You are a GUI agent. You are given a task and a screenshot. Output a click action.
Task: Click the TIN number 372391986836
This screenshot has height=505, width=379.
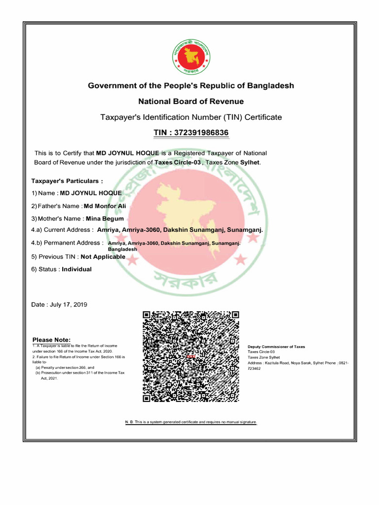pyautogui.click(x=191, y=133)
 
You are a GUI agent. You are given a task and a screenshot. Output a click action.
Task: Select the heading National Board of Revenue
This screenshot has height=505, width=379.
pyautogui.click(x=191, y=102)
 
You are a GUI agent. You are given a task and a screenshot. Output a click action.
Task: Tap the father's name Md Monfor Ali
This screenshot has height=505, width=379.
pyautogui.click(x=105, y=206)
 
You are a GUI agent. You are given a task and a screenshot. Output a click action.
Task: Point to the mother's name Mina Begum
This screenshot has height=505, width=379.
pyautogui.click(x=105, y=218)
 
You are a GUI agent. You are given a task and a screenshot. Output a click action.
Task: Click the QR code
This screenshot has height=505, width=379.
pyautogui.click(x=191, y=357)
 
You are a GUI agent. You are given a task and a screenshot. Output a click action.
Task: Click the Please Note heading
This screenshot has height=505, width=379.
pyautogui.click(x=51, y=340)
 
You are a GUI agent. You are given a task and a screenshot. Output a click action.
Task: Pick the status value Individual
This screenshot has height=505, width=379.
pyautogui.click(x=76, y=269)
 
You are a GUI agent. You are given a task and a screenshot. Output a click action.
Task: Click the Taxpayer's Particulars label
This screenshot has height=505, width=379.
pyautogui.click(x=67, y=181)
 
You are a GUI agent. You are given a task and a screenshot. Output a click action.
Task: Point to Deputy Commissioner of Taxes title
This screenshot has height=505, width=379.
pyautogui.click(x=276, y=347)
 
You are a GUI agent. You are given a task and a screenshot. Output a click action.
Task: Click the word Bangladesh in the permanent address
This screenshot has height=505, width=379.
pyautogui.click(x=122, y=250)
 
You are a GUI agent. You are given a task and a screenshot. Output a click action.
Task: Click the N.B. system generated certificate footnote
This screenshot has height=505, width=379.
pyautogui.click(x=191, y=423)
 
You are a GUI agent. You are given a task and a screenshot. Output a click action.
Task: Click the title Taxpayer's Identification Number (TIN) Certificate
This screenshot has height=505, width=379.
pyautogui.click(x=191, y=117)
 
